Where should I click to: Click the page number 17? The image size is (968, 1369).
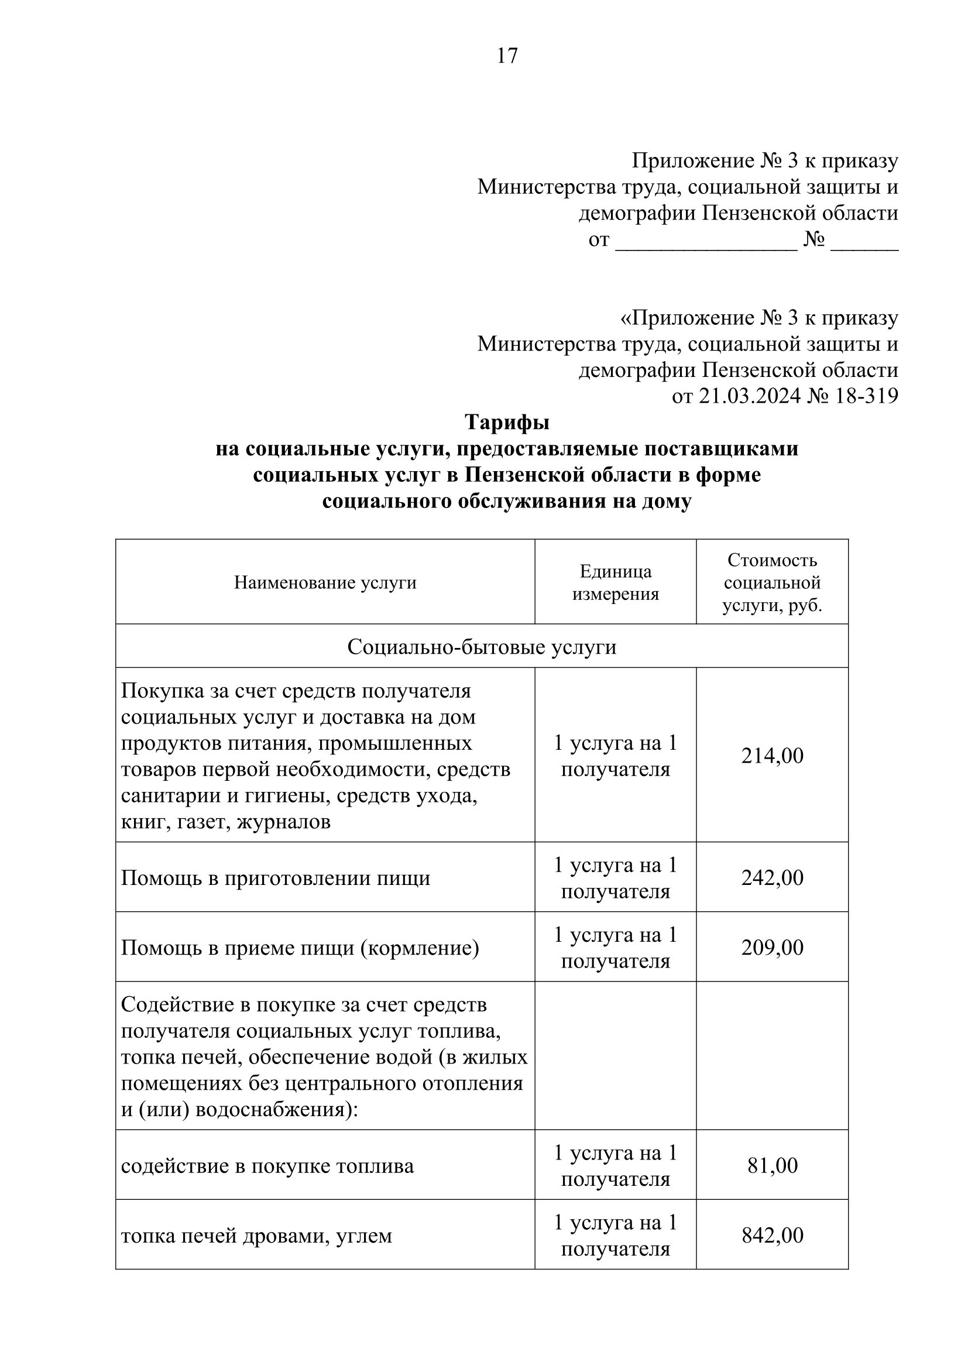coord(507,56)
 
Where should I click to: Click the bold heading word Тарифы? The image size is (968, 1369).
coord(507,422)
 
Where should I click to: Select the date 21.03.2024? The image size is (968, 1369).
coord(749,396)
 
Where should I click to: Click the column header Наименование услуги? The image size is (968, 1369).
coord(325,582)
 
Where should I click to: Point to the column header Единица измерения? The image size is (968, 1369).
coord(615,582)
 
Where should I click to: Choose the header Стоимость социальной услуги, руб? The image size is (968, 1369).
coord(772,582)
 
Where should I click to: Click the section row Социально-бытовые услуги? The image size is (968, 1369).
coord(482,647)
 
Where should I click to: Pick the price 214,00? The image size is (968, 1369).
coord(772,756)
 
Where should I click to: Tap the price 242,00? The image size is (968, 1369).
coord(772,878)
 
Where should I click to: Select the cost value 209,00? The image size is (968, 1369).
coord(772,948)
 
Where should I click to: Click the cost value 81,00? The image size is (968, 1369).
coord(772,1166)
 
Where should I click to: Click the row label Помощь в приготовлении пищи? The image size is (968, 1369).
coord(276,879)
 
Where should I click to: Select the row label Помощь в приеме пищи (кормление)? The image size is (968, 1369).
coord(300,948)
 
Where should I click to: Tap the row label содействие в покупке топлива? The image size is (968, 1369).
coord(267,1166)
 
